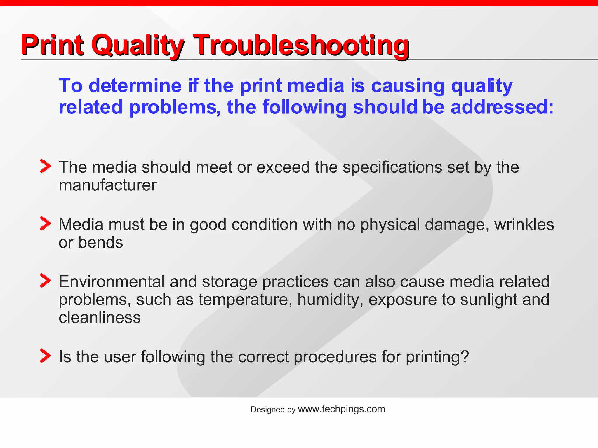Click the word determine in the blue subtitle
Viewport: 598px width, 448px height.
pos(135,86)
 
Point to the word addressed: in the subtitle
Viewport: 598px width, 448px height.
pos(502,107)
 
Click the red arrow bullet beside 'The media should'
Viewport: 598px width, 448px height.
pos(45,166)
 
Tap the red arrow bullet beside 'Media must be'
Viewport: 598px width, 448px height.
pos(45,223)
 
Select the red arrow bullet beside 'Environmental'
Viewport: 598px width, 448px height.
pos(45,281)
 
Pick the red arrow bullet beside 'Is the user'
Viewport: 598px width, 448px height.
pos(45,356)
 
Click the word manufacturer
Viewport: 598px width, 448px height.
pos(107,185)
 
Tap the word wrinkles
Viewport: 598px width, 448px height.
pos(524,225)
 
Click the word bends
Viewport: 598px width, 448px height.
pos(100,243)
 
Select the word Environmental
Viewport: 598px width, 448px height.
pos(112,282)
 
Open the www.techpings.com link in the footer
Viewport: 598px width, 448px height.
pos(341,409)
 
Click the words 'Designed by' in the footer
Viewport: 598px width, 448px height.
pos(273,410)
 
